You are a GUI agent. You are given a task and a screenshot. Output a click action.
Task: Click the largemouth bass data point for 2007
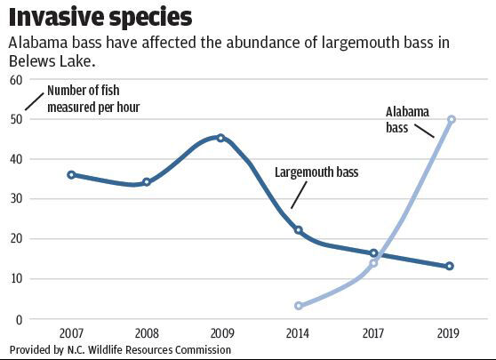[71, 175]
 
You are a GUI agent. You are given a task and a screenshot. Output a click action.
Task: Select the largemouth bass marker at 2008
[147, 182]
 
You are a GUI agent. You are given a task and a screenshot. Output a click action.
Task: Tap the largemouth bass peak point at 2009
[220, 138]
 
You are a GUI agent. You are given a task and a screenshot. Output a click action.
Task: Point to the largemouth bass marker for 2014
[298, 230]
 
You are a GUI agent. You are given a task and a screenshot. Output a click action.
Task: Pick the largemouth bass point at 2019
[450, 267]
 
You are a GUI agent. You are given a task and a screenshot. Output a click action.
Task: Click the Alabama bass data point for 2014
[298, 306]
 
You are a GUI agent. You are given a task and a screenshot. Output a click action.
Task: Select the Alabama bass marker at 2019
[452, 119]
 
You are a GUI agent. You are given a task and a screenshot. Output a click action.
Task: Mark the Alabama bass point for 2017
[373, 263]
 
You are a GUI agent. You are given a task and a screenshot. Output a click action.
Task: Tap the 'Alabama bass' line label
[407, 120]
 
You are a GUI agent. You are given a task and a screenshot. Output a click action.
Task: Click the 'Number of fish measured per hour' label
[93, 99]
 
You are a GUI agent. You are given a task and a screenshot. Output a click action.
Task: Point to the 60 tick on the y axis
[15, 79]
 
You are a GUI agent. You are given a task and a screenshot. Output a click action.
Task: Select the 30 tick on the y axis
[15, 199]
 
